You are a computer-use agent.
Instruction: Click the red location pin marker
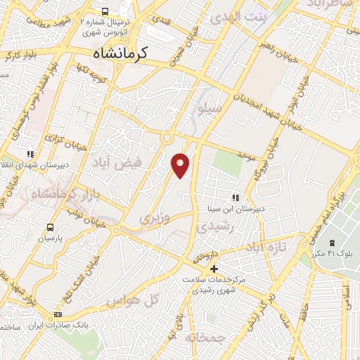pyautogui.click(x=181, y=164)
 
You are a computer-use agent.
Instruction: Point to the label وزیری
pyautogui.click(x=154, y=218)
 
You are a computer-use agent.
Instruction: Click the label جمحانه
pyautogui.click(x=205, y=337)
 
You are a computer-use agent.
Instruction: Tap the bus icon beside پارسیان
pyautogui.click(x=50, y=227)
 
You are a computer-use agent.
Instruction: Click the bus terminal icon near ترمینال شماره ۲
pyautogui.click(x=105, y=12)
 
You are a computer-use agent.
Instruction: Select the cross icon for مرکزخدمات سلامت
pyautogui.click(x=214, y=269)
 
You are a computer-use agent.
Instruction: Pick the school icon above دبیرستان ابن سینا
pyautogui.click(x=237, y=198)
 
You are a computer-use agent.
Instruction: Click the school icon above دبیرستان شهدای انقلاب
pyautogui.click(x=30, y=153)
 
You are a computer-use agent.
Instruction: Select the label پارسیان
pyautogui.click(x=50, y=238)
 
